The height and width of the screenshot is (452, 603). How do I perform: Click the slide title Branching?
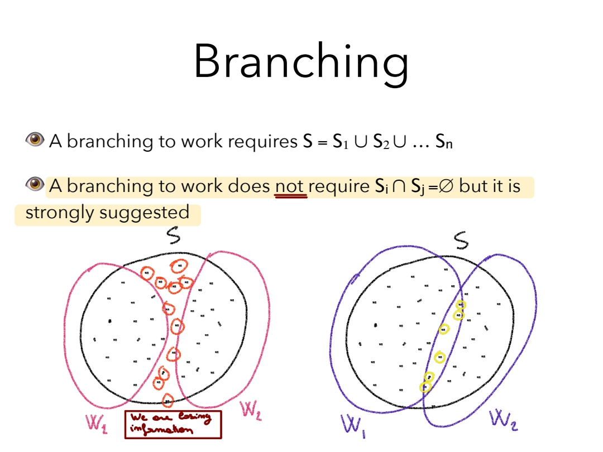(x=301, y=62)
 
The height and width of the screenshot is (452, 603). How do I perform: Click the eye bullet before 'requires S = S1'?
(x=35, y=140)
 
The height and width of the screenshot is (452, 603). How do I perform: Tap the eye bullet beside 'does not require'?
(x=35, y=184)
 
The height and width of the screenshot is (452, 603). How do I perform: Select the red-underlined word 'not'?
(x=290, y=186)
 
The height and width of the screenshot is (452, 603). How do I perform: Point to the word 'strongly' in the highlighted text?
(x=60, y=213)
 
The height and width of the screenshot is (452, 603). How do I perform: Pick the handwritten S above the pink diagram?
(x=174, y=238)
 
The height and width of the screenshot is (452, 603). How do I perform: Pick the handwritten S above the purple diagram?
(x=461, y=241)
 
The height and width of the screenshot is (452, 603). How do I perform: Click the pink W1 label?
(x=96, y=422)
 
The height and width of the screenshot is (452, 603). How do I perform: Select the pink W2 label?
(x=251, y=411)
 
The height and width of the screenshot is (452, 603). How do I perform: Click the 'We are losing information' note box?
(x=173, y=424)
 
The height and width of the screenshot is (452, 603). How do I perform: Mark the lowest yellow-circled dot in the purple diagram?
(x=425, y=386)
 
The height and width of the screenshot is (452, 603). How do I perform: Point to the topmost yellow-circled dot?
(x=461, y=305)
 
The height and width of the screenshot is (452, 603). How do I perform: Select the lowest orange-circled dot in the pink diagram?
(x=167, y=400)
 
